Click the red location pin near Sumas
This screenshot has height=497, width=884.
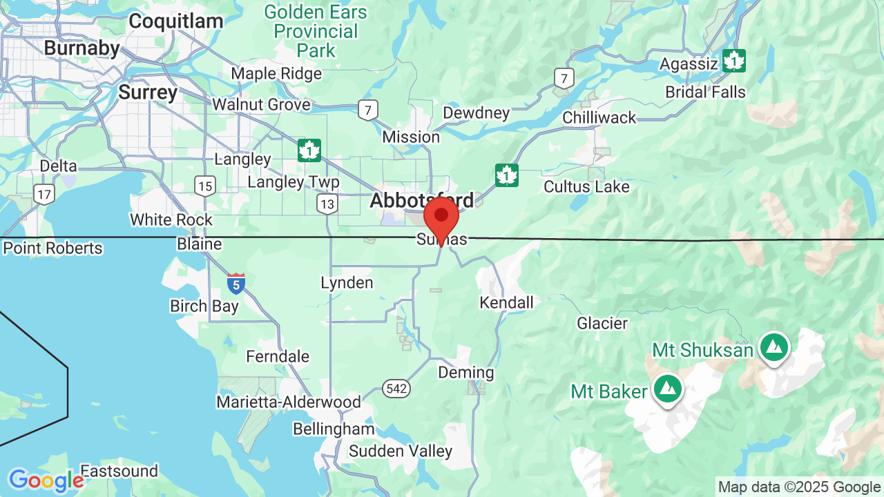[441, 217]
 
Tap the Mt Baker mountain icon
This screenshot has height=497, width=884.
[667, 389]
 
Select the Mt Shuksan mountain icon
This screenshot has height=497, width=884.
[773, 347]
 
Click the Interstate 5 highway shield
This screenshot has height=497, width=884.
[236, 283]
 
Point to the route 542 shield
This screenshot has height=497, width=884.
[396, 389]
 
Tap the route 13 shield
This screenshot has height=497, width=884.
[327, 204]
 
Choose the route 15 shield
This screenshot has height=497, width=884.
[205, 185]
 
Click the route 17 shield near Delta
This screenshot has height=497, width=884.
[45, 195]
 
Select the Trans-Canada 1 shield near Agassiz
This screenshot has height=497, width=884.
[733, 61]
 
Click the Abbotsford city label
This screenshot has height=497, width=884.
[422, 201]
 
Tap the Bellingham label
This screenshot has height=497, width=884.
[334, 429]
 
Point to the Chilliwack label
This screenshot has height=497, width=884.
[599, 117]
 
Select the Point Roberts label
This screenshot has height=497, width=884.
[52, 248]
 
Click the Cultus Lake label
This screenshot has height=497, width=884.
[586, 186]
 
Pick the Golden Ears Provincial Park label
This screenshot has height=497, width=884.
[316, 31]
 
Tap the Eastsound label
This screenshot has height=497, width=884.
[119, 471]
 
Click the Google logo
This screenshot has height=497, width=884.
[46, 480]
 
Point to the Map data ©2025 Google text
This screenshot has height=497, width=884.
[799, 487]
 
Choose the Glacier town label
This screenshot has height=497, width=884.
[602, 323]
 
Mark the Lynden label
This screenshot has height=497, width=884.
[347, 282]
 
